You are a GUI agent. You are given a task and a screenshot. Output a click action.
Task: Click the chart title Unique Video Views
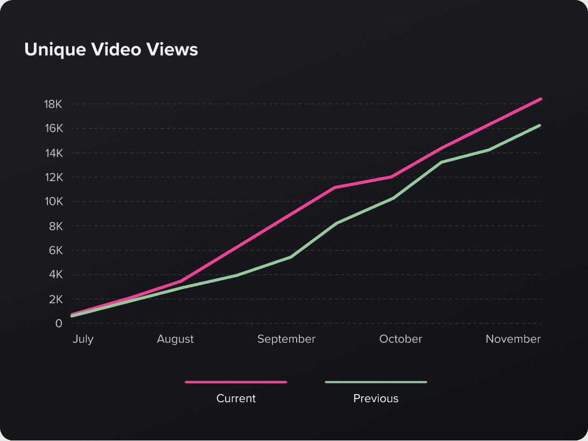[x=111, y=50]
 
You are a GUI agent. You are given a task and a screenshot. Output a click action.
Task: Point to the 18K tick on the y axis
[x=53, y=104]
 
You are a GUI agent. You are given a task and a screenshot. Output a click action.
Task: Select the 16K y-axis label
[x=53, y=128]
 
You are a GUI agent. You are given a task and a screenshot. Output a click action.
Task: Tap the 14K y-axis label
[x=53, y=153]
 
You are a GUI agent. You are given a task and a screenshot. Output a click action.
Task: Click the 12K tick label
[x=53, y=177]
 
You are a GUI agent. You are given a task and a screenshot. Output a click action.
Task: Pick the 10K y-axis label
[x=53, y=202]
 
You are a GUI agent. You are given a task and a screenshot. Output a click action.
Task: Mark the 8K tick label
[x=56, y=226]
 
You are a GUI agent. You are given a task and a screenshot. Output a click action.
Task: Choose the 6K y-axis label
[x=56, y=250]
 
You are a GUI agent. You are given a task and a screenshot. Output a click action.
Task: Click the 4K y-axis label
[x=56, y=274]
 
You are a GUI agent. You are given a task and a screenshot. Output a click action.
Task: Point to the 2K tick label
[x=56, y=299]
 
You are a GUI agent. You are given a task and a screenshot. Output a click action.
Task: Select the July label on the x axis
[x=83, y=339]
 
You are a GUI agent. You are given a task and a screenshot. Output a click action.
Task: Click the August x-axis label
[x=175, y=339]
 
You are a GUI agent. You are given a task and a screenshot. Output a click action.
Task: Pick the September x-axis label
[x=286, y=339]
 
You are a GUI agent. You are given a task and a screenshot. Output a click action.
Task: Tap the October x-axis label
[x=401, y=339]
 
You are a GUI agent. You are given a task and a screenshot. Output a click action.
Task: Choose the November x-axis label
[x=513, y=339]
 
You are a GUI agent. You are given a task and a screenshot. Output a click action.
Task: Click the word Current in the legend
[x=236, y=398]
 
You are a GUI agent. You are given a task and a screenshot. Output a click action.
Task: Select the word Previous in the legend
[x=376, y=398]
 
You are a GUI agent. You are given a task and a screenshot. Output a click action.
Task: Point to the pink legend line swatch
[x=236, y=382]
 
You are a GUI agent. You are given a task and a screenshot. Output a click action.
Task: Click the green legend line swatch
[x=376, y=382]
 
